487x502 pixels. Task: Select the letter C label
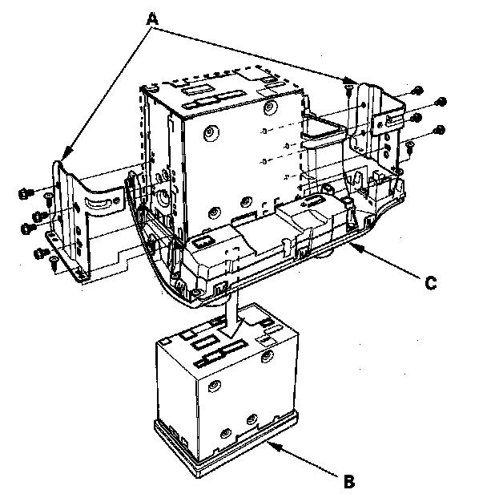coord(431,281)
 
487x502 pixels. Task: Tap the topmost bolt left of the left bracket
coord(26,192)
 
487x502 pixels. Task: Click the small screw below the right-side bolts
coord(409,145)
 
